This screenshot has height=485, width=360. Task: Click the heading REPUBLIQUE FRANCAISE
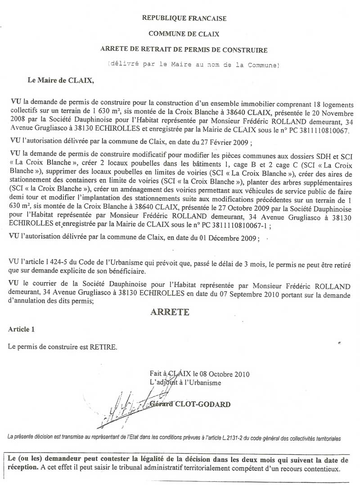184,18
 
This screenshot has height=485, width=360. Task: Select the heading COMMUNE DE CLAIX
184,33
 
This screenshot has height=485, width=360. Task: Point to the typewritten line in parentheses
193,65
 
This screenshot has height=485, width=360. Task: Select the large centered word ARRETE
170,311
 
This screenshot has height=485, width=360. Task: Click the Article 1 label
21,329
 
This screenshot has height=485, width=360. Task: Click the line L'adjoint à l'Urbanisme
185,382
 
